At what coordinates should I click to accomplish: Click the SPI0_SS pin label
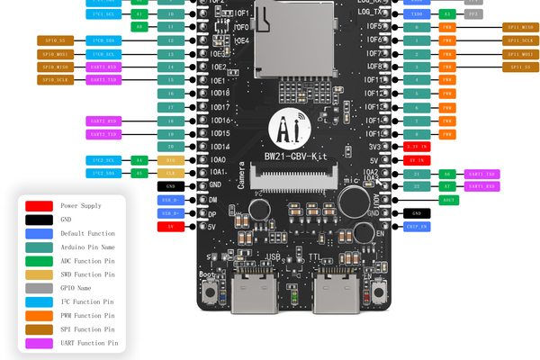pos(54,40)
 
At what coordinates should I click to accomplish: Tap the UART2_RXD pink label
pos(103,121)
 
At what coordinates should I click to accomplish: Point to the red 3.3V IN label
pos(418,146)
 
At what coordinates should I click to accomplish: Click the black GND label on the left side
pos(170,185)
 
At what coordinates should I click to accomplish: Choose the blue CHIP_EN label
pos(418,227)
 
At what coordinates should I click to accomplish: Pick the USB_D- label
pos(170,199)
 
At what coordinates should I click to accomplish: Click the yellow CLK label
pos(170,173)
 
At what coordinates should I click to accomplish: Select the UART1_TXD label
pos(482,173)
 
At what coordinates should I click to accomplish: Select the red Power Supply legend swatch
pos(39,206)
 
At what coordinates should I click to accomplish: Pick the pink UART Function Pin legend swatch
pos(39,343)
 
